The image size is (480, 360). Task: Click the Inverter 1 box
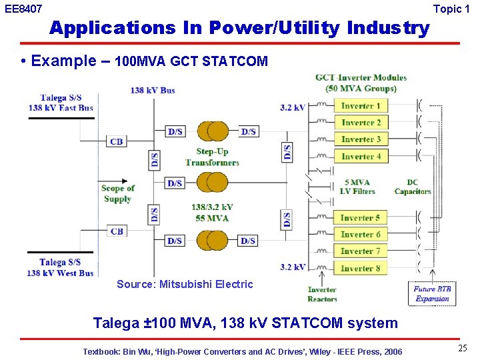click(x=361, y=106)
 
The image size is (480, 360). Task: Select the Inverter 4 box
click(x=361, y=157)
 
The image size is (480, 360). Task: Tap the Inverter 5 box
click(x=360, y=218)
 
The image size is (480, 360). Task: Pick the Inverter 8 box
click(x=360, y=268)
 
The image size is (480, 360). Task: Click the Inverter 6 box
click(x=360, y=235)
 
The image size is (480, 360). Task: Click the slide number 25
click(x=462, y=348)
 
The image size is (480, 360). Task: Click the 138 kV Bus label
click(x=153, y=90)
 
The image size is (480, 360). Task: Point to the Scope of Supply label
click(x=117, y=193)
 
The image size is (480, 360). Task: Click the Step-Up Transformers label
click(x=212, y=157)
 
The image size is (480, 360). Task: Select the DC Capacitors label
click(x=413, y=187)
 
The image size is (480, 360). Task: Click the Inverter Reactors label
click(x=322, y=294)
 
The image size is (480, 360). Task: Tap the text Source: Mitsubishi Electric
click(x=185, y=284)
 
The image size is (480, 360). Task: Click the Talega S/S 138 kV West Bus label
click(x=60, y=267)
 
